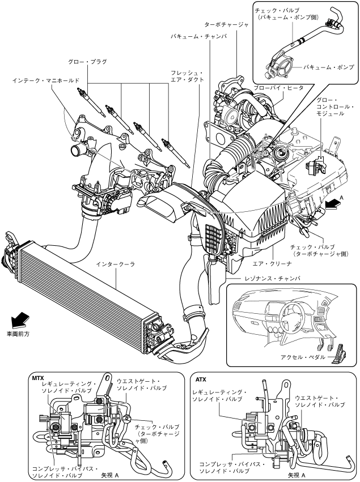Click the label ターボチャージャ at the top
pyautogui.click(x=226, y=24)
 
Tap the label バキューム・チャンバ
pyautogui.click(x=199, y=36)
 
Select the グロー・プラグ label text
pyautogui.click(x=88, y=62)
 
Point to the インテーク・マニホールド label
pyautogui.click(x=46, y=80)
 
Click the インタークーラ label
pyautogui.click(x=116, y=265)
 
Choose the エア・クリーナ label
pyautogui.click(x=272, y=263)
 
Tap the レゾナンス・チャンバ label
pyautogui.click(x=273, y=279)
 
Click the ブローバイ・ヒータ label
pyautogui.click(x=278, y=88)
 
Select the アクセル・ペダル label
pyautogui.click(x=303, y=357)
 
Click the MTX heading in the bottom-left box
pyautogui.click(x=38, y=378)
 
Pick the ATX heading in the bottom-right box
pyautogui.click(x=201, y=379)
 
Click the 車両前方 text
pyautogui.click(x=18, y=334)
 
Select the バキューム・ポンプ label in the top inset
pyautogui.click(x=328, y=67)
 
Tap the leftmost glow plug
pyautogui.click(x=91, y=102)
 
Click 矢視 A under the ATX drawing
pyautogui.click(x=297, y=475)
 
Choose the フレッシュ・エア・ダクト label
pyautogui.click(x=188, y=76)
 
